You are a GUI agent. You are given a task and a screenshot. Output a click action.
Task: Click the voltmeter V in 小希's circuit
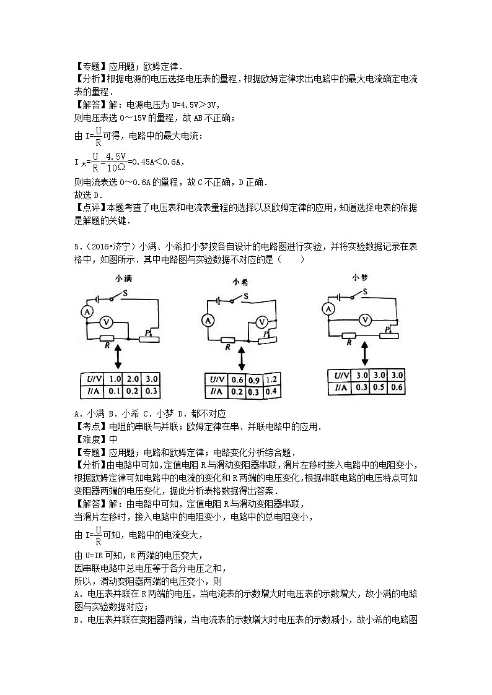coord(262,322)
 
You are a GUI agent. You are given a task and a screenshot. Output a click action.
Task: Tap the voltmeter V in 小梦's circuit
coord(366,319)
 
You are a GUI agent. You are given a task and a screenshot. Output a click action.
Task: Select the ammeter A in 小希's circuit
coord(208,320)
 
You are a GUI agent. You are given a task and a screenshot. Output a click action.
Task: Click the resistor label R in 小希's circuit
coord(227,348)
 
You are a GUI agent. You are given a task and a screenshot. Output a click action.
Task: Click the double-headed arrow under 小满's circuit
coord(117,357)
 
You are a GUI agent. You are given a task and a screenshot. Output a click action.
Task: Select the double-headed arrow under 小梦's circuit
coord(366,353)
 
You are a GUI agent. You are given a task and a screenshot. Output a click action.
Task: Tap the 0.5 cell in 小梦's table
coord(379,387)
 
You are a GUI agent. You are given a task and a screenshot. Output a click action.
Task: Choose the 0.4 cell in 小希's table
coord(270,391)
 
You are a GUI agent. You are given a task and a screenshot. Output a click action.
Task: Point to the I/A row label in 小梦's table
coord(341,388)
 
